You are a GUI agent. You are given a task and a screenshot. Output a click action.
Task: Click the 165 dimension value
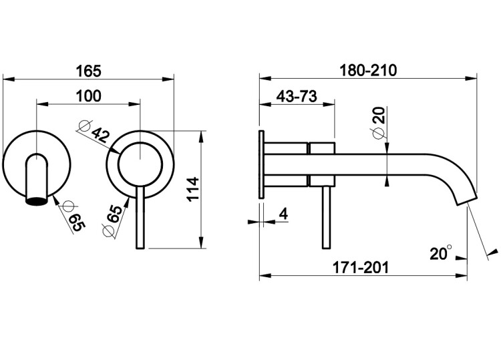point(88,71)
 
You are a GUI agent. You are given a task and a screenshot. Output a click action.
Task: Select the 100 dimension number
point(88,96)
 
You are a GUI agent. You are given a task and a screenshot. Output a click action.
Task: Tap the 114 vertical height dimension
point(193,189)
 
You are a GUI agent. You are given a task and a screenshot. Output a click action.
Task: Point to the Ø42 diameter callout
point(94,131)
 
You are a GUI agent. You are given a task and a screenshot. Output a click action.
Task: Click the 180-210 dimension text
point(368,70)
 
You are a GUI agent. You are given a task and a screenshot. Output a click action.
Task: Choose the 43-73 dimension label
point(297,96)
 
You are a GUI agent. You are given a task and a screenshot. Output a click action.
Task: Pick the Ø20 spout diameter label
point(379,123)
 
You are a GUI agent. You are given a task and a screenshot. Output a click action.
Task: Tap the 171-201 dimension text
point(361,267)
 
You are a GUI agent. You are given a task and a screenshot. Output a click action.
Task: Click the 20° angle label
point(441,253)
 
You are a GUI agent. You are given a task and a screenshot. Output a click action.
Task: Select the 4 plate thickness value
point(283,214)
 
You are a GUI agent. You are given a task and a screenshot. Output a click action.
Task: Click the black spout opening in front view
point(37,201)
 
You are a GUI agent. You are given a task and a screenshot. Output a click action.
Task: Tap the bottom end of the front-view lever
point(140,248)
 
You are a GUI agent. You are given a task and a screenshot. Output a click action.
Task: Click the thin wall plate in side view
point(261,164)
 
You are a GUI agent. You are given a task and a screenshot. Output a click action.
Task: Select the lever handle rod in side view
point(326,217)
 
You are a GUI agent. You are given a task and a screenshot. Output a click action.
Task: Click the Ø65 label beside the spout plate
point(73,216)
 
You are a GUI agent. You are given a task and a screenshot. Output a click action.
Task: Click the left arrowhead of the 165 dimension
point(9,79)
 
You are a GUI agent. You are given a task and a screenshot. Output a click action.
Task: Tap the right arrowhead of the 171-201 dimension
point(461,275)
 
